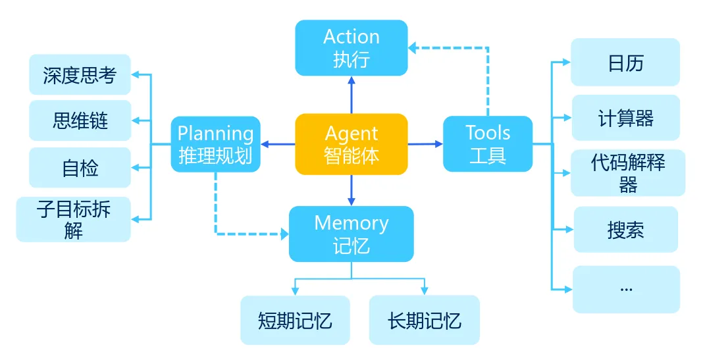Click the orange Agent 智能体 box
(351, 144)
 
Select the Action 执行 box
(351, 47)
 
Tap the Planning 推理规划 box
(215, 144)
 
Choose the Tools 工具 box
(487, 144)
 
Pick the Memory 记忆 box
(351, 234)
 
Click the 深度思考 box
(80, 74)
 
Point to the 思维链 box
(80, 120)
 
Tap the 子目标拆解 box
(73, 219)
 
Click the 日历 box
(625, 63)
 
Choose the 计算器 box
(625, 118)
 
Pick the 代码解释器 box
(627, 172)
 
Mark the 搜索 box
(625, 229)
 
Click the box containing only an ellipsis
(625, 289)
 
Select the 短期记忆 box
(294, 320)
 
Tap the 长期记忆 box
(424, 320)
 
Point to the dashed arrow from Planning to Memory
(216, 211)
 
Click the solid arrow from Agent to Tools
(425, 143)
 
